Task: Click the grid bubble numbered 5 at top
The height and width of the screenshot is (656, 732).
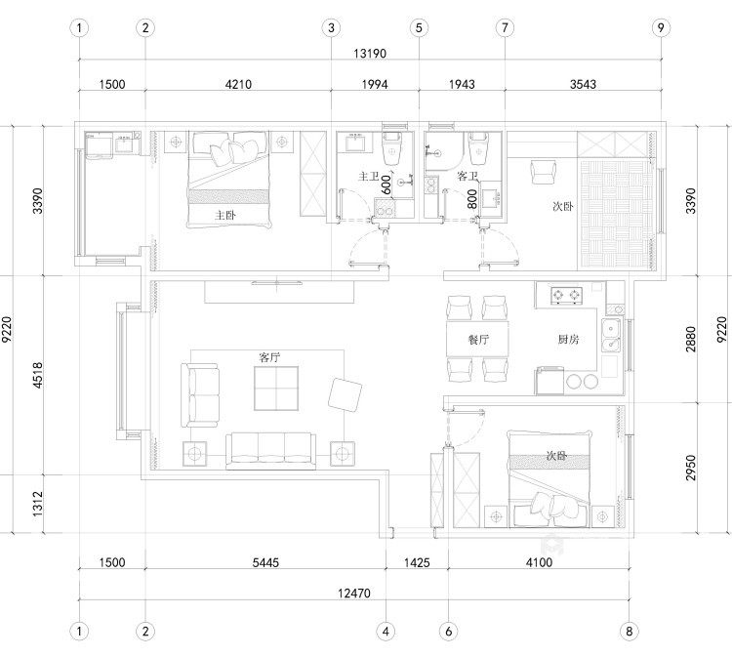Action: click(x=419, y=28)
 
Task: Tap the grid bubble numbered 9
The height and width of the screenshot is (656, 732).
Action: click(x=661, y=28)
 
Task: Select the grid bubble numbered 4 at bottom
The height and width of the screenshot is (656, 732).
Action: click(x=386, y=632)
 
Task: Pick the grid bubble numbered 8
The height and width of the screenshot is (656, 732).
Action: click(x=629, y=632)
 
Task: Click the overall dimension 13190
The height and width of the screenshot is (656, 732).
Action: click(x=370, y=54)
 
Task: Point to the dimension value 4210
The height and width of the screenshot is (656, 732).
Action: click(x=238, y=85)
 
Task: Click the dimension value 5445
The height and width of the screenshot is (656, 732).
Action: click(x=265, y=562)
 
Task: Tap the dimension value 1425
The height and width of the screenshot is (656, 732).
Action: click(x=417, y=562)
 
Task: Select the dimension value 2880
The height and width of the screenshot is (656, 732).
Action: click(x=691, y=340)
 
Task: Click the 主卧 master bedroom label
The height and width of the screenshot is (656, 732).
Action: click(x=225, y=215)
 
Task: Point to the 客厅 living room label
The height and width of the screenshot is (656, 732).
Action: click(x=269, y=357)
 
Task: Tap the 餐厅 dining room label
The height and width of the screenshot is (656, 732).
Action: click(x=478, y=340)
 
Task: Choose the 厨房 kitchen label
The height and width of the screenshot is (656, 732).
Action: click(x=568, y=340)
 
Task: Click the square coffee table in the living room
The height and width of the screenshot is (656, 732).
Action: click(x=276, y=389)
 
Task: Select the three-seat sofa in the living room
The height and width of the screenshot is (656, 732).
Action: click(x=270, y=451)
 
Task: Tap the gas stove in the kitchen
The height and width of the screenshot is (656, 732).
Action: click(x=566, y=295)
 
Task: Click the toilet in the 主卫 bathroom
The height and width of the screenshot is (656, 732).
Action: click(x=391, y=147)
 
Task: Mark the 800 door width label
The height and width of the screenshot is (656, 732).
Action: click(x=472, y=199)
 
